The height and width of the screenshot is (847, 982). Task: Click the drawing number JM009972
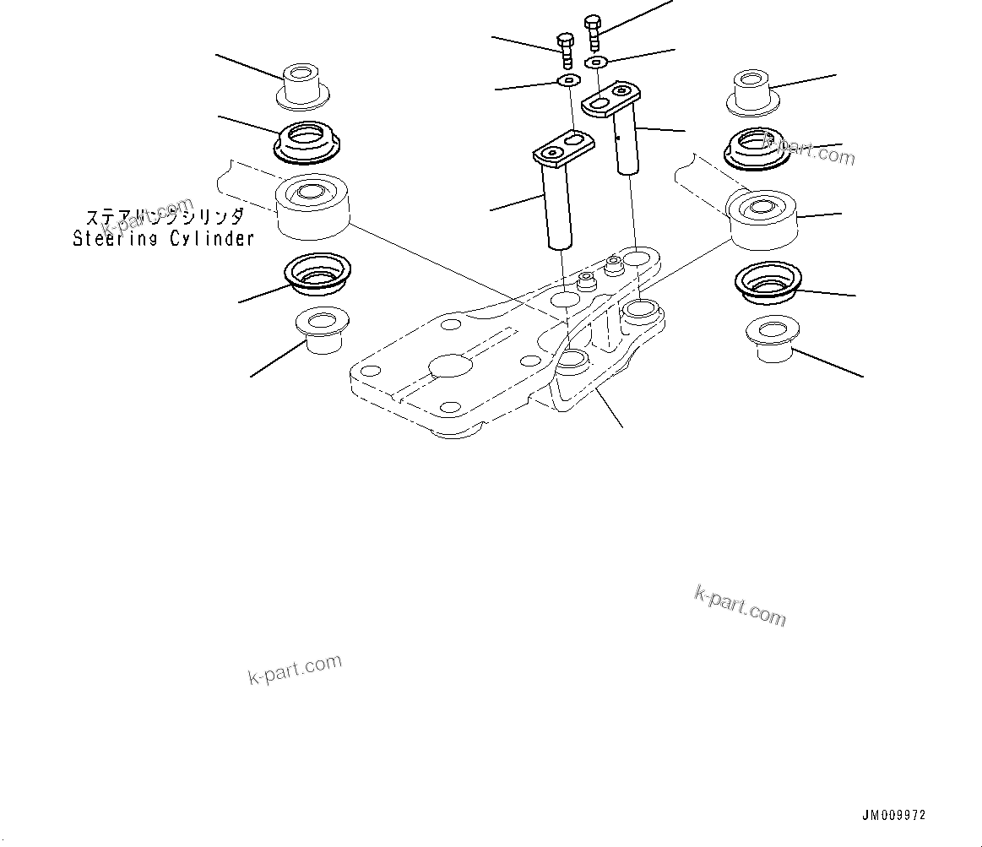point(893,816)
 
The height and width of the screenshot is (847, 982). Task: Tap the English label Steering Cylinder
point(163,239)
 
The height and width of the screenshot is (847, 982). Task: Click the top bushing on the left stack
point(303,85)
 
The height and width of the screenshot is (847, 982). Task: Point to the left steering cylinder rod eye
point(312,207)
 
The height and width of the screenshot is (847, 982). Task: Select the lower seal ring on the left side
point(318,274)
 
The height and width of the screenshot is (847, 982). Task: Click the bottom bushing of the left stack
point(323,331)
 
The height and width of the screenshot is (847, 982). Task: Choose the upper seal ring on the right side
point(757,147)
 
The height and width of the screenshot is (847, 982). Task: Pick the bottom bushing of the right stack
point(772,339)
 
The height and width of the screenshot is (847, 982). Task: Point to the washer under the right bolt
point(597,62)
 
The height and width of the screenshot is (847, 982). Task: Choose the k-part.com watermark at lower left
point(296,669)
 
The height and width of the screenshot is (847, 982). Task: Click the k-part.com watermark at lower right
point(740,605)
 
